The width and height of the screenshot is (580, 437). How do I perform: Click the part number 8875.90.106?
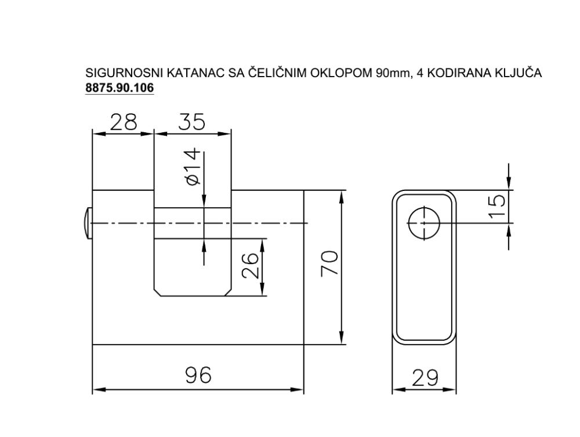[119, 88]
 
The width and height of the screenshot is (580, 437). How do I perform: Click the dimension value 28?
[123, 122]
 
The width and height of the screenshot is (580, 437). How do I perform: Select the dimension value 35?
[191, 122]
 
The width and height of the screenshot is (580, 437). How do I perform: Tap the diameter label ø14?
[193, 167]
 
